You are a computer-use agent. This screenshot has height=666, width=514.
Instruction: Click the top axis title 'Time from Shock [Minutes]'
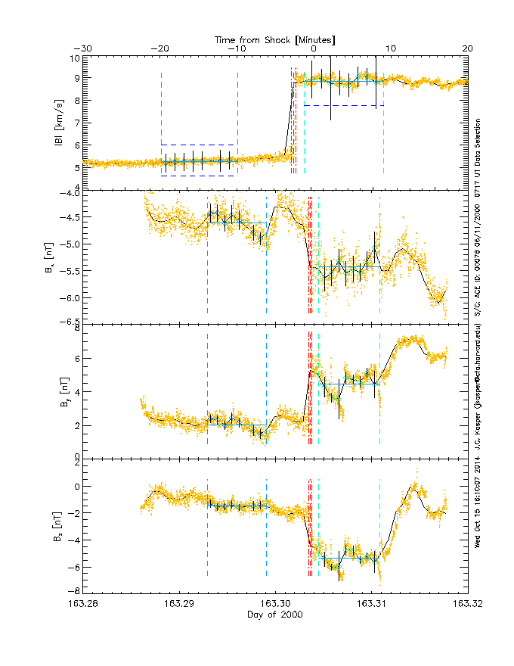tap(275, 39)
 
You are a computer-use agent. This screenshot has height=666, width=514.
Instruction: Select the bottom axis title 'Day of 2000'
tap(275, 615)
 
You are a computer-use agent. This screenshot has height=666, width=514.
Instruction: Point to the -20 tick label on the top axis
tap(159, 48)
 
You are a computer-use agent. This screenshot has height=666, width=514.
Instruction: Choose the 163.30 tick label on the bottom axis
tap(275, 604)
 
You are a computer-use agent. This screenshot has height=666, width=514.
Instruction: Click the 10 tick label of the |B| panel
tap(75, 58)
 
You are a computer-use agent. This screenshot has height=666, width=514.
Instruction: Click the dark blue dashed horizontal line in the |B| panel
tap(198, 176)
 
